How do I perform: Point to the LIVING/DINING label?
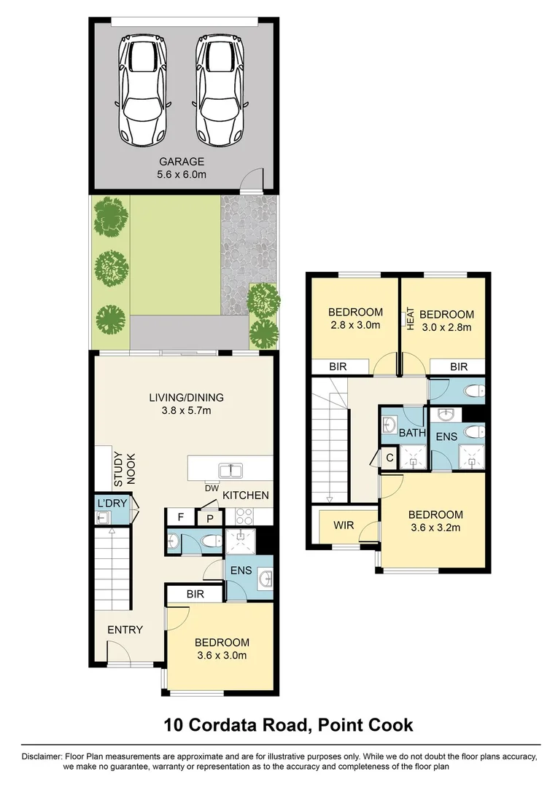pos(186,398)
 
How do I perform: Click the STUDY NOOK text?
pos(124,467)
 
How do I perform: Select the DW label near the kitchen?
pos(212,488)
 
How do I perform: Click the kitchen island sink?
pos(232,469)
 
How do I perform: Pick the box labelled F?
pos(179,517)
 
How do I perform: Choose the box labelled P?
pos(209,517)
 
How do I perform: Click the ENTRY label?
pos(125,630)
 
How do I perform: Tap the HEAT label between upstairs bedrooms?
pos(410,319)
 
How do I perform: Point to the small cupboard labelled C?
pos(390,458)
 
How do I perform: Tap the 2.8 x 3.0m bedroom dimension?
pos(355,326)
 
